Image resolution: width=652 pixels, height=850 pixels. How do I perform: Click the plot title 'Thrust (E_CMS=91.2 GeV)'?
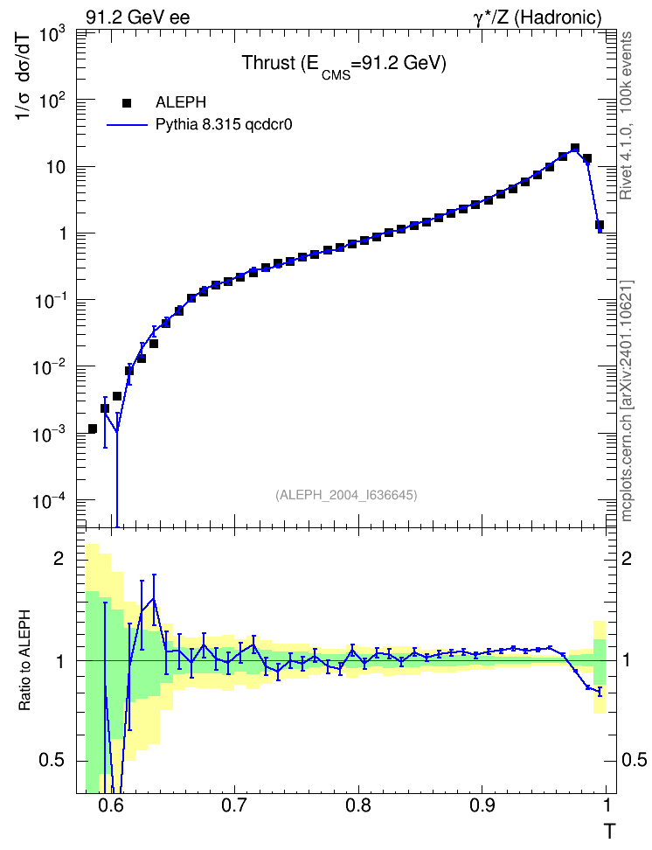[343, 65]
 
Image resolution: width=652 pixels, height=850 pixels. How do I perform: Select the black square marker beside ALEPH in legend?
[126, 102]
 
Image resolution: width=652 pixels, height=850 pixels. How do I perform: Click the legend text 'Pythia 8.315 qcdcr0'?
[224, 125]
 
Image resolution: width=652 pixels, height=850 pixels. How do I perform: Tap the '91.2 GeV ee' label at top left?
[138, 17]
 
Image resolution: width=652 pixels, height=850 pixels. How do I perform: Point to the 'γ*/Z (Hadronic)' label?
[538, 17]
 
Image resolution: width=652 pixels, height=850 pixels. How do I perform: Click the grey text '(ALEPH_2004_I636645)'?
[346, 495]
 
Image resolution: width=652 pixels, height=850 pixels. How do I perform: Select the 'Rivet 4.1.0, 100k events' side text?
[626, 115]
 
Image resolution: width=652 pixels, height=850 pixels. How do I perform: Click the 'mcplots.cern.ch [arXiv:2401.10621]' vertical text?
[626, 401]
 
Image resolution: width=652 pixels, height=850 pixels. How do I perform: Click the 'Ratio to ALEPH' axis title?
[24, 660]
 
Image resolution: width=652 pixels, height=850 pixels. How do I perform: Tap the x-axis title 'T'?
[610, 831]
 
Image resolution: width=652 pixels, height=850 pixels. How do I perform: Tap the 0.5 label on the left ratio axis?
[52, 760]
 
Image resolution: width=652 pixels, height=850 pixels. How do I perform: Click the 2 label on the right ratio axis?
[626, 558]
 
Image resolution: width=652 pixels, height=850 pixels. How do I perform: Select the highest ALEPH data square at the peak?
[575, 148]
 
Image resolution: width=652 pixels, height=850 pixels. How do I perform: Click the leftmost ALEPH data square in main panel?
[92, 428]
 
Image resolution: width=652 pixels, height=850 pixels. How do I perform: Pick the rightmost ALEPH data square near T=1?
[600, 225]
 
